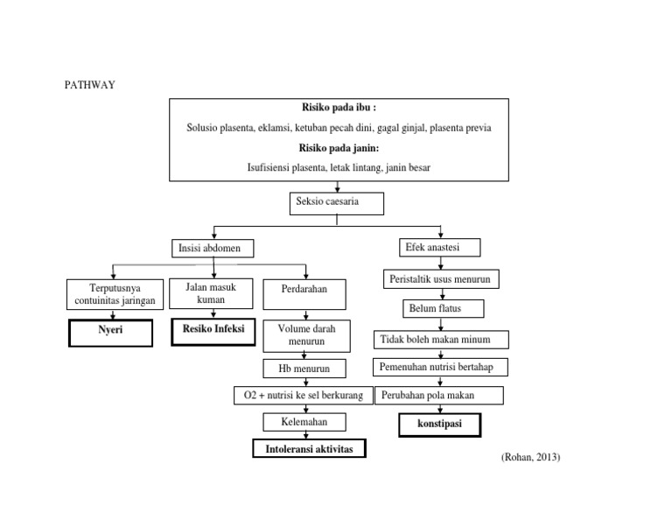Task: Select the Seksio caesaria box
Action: pyautogui.click(x=337, y=204)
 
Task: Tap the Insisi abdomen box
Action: pyautogui.click(x=212, y=249)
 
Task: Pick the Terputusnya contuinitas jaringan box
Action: pyautogui.click(x=114, y=294)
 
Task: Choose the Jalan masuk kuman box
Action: pyautogui.click(x=211, y=293)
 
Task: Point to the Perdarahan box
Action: pyautogui.click(x=304, y=293)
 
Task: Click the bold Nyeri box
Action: pyautogui.click(x=110, y=333)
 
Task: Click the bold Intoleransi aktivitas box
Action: pyautogui.click(x=310, y=449)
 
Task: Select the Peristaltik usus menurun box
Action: pyautogui.click(x=442, y=280)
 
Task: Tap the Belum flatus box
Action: pyautogui.click(x=444, y=308)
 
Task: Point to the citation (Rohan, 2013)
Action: pyautogui.click(x=530, y=457)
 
